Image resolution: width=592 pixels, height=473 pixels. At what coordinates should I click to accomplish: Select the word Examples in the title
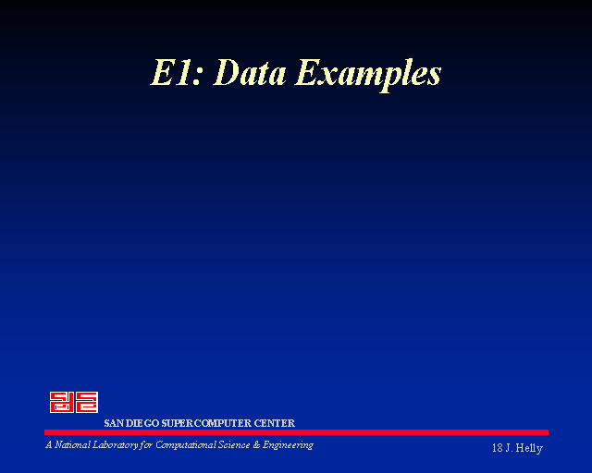click(368, 75)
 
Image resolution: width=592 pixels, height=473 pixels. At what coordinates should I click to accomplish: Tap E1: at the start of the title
click(177, 72)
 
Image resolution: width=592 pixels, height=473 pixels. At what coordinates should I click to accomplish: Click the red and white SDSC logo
click(74, 402)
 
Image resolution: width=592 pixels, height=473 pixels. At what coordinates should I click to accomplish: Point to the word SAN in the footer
click(113, 423)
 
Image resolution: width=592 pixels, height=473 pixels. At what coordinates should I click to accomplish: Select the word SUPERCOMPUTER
click(206, 423)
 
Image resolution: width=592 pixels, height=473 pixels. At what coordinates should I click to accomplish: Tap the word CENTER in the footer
click(275, 423)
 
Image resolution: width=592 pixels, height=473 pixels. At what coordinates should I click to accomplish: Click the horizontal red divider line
click(296, 432)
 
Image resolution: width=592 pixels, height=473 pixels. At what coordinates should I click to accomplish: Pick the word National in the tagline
click(72, 445)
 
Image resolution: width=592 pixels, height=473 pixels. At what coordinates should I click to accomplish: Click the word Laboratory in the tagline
click(116, 446)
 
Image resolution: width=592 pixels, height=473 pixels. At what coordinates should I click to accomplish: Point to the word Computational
click(185, 446)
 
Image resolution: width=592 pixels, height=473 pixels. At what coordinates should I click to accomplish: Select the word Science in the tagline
click(234, 445)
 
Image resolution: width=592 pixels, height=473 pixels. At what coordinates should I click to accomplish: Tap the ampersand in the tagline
click(257, 445)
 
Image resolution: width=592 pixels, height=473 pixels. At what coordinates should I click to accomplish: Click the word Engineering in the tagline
click(288, 446)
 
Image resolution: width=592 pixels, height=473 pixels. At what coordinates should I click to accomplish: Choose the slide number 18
click(498, 448)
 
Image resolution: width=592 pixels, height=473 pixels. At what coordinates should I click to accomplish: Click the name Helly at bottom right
click(529, 448)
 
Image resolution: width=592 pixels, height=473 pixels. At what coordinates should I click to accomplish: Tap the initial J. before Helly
click(509, 448)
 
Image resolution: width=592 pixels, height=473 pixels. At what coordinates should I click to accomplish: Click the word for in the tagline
click(146, 446)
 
